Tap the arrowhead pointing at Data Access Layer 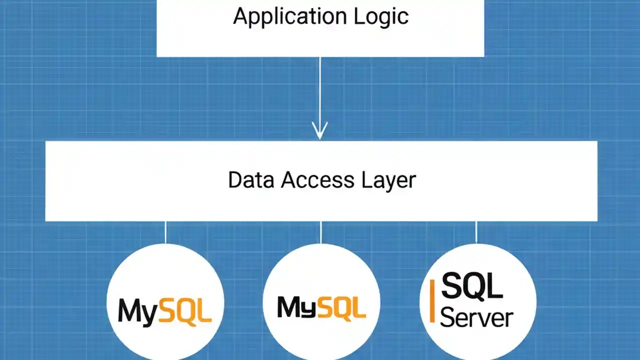[320, 131]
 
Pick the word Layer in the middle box [388, 180]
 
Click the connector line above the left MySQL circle [165, 232]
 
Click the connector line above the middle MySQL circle [321, 232]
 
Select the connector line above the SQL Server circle [476, 232]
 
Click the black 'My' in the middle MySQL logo [295, 307]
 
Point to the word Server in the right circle [476, 317]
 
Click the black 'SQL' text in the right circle [471, 286]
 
